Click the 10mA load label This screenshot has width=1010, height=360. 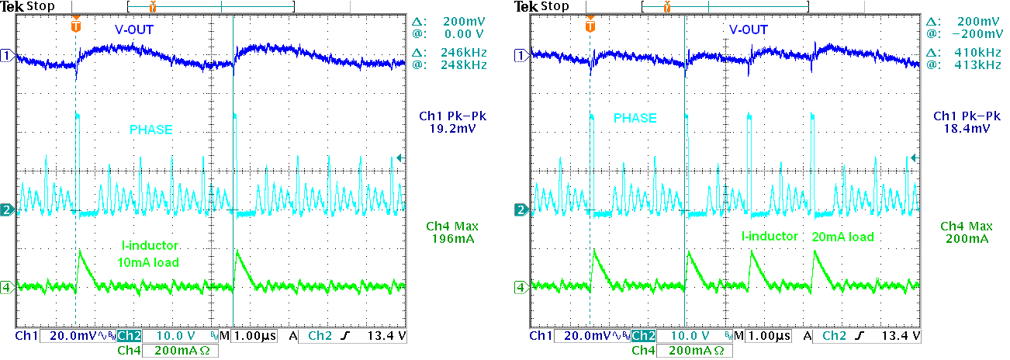tap(148, 262)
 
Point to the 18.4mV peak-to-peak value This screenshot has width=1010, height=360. tap(968, 130)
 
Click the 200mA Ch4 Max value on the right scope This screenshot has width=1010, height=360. tap(968, 239)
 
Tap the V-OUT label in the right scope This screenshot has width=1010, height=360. tap(748, 30)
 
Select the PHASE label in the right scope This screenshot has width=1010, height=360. tap(635, 118)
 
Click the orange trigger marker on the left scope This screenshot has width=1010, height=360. tap(75, 26)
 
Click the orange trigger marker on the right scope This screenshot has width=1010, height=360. tap(590, 26)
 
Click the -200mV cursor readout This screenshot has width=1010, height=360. tap(975, 34)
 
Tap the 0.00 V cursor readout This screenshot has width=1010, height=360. tap(465, 34)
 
